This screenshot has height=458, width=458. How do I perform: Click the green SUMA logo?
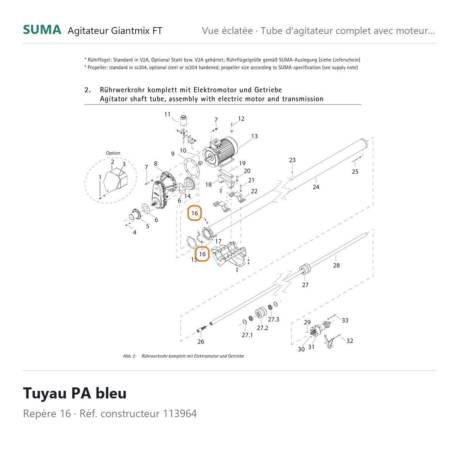coord(42,30)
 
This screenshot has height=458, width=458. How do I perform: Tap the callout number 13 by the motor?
coord(254,136)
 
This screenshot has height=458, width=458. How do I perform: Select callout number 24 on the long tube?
coord(316,187)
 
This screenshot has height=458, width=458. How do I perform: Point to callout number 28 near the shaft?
coord(336,265)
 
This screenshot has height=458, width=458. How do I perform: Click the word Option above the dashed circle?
coord(113,153)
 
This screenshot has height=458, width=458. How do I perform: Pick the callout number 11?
coord(167,114)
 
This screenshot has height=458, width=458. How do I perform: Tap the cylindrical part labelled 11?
coord(183,120)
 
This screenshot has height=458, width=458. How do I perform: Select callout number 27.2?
coord(262,328)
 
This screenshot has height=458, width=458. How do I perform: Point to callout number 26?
coord(201,342)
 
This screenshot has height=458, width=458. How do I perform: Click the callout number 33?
coord(345,320)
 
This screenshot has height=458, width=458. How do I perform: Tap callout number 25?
coord(355,172)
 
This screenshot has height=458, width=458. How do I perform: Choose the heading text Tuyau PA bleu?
coord(75,393)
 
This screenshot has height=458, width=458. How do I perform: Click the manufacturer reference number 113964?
coord(180,414)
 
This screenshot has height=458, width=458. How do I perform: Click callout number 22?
coord(254,191)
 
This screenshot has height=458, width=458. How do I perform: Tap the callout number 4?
coord(134,232)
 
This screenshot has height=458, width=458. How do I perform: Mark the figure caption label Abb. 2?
coord(129,356)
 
